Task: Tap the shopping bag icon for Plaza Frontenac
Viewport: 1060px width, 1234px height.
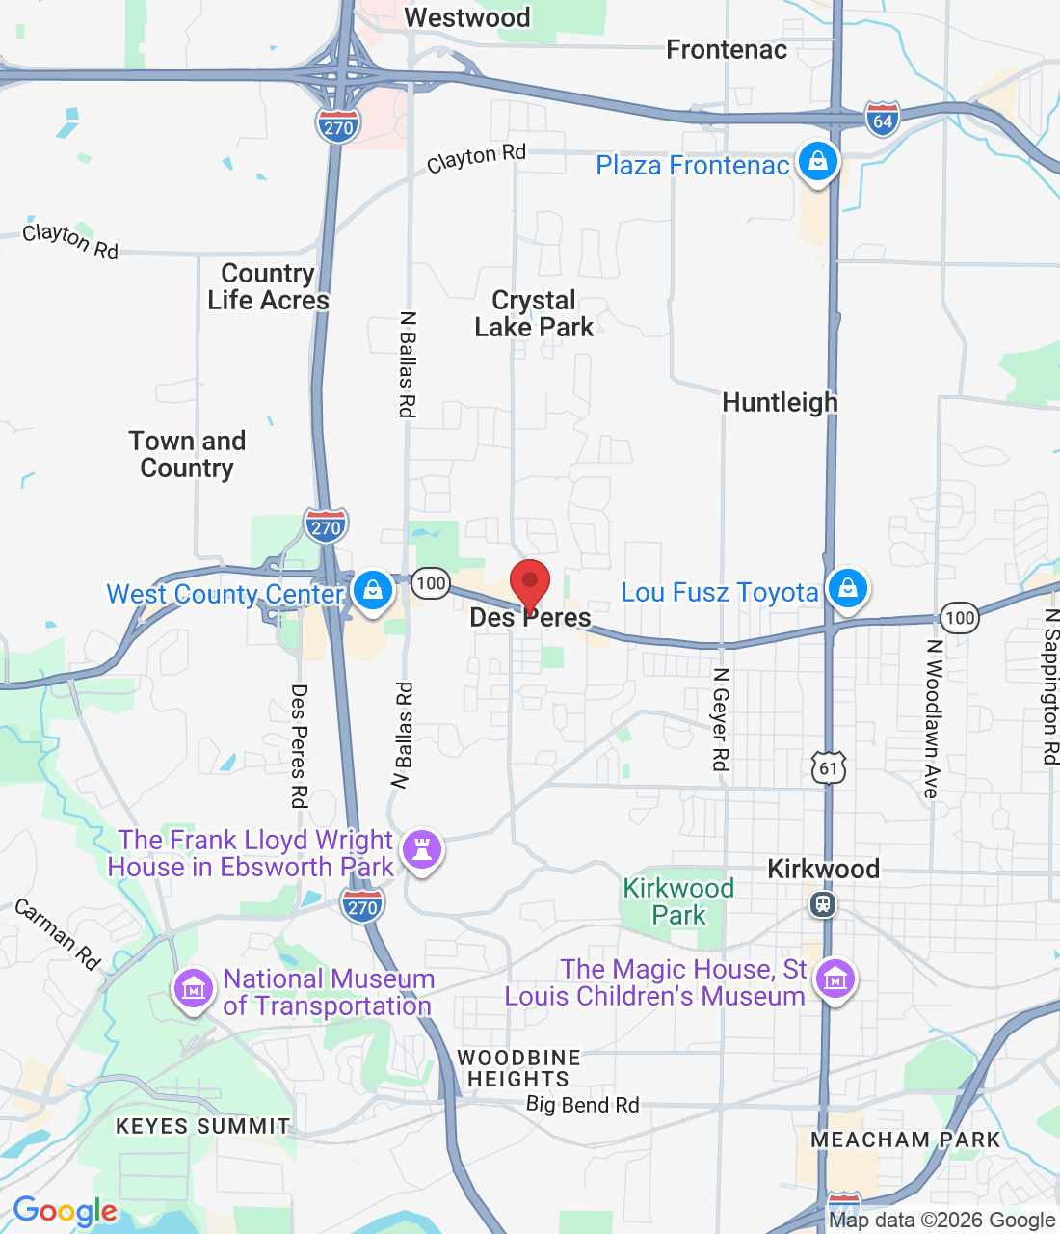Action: [x=817, y=162]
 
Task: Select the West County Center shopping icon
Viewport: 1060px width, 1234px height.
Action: [x=373, y=589]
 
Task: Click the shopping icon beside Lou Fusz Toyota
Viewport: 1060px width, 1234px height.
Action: [x=848, y=587]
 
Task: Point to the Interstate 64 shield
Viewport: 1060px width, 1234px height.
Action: [x=882, y=120]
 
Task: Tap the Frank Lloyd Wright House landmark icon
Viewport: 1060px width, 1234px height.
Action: [x=421, y=849]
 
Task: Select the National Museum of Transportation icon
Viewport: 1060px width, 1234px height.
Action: [x=194, y=988]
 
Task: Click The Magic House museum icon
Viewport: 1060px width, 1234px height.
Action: [x=835, y=979]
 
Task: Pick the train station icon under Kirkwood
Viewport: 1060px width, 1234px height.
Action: [x=822, y=904]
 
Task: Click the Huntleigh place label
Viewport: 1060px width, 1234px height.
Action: [x=780, y=402]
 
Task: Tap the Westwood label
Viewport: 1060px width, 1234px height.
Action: [x=467, y=17]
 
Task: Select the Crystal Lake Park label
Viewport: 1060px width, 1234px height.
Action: [x=534, y=314]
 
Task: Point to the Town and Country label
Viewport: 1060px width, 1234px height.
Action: [x=187, y=454]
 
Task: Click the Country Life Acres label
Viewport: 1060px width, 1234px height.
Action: [x=268, y=286]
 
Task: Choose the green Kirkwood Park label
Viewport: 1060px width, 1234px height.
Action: [x=678, y=901]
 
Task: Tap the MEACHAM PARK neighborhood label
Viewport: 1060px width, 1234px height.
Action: [x=905, y=1140]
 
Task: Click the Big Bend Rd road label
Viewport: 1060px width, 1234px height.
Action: [x=582, y=1104]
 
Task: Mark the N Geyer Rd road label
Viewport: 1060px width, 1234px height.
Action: [x=720, y=719]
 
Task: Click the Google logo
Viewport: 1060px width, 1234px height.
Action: [x=65, y=1211]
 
